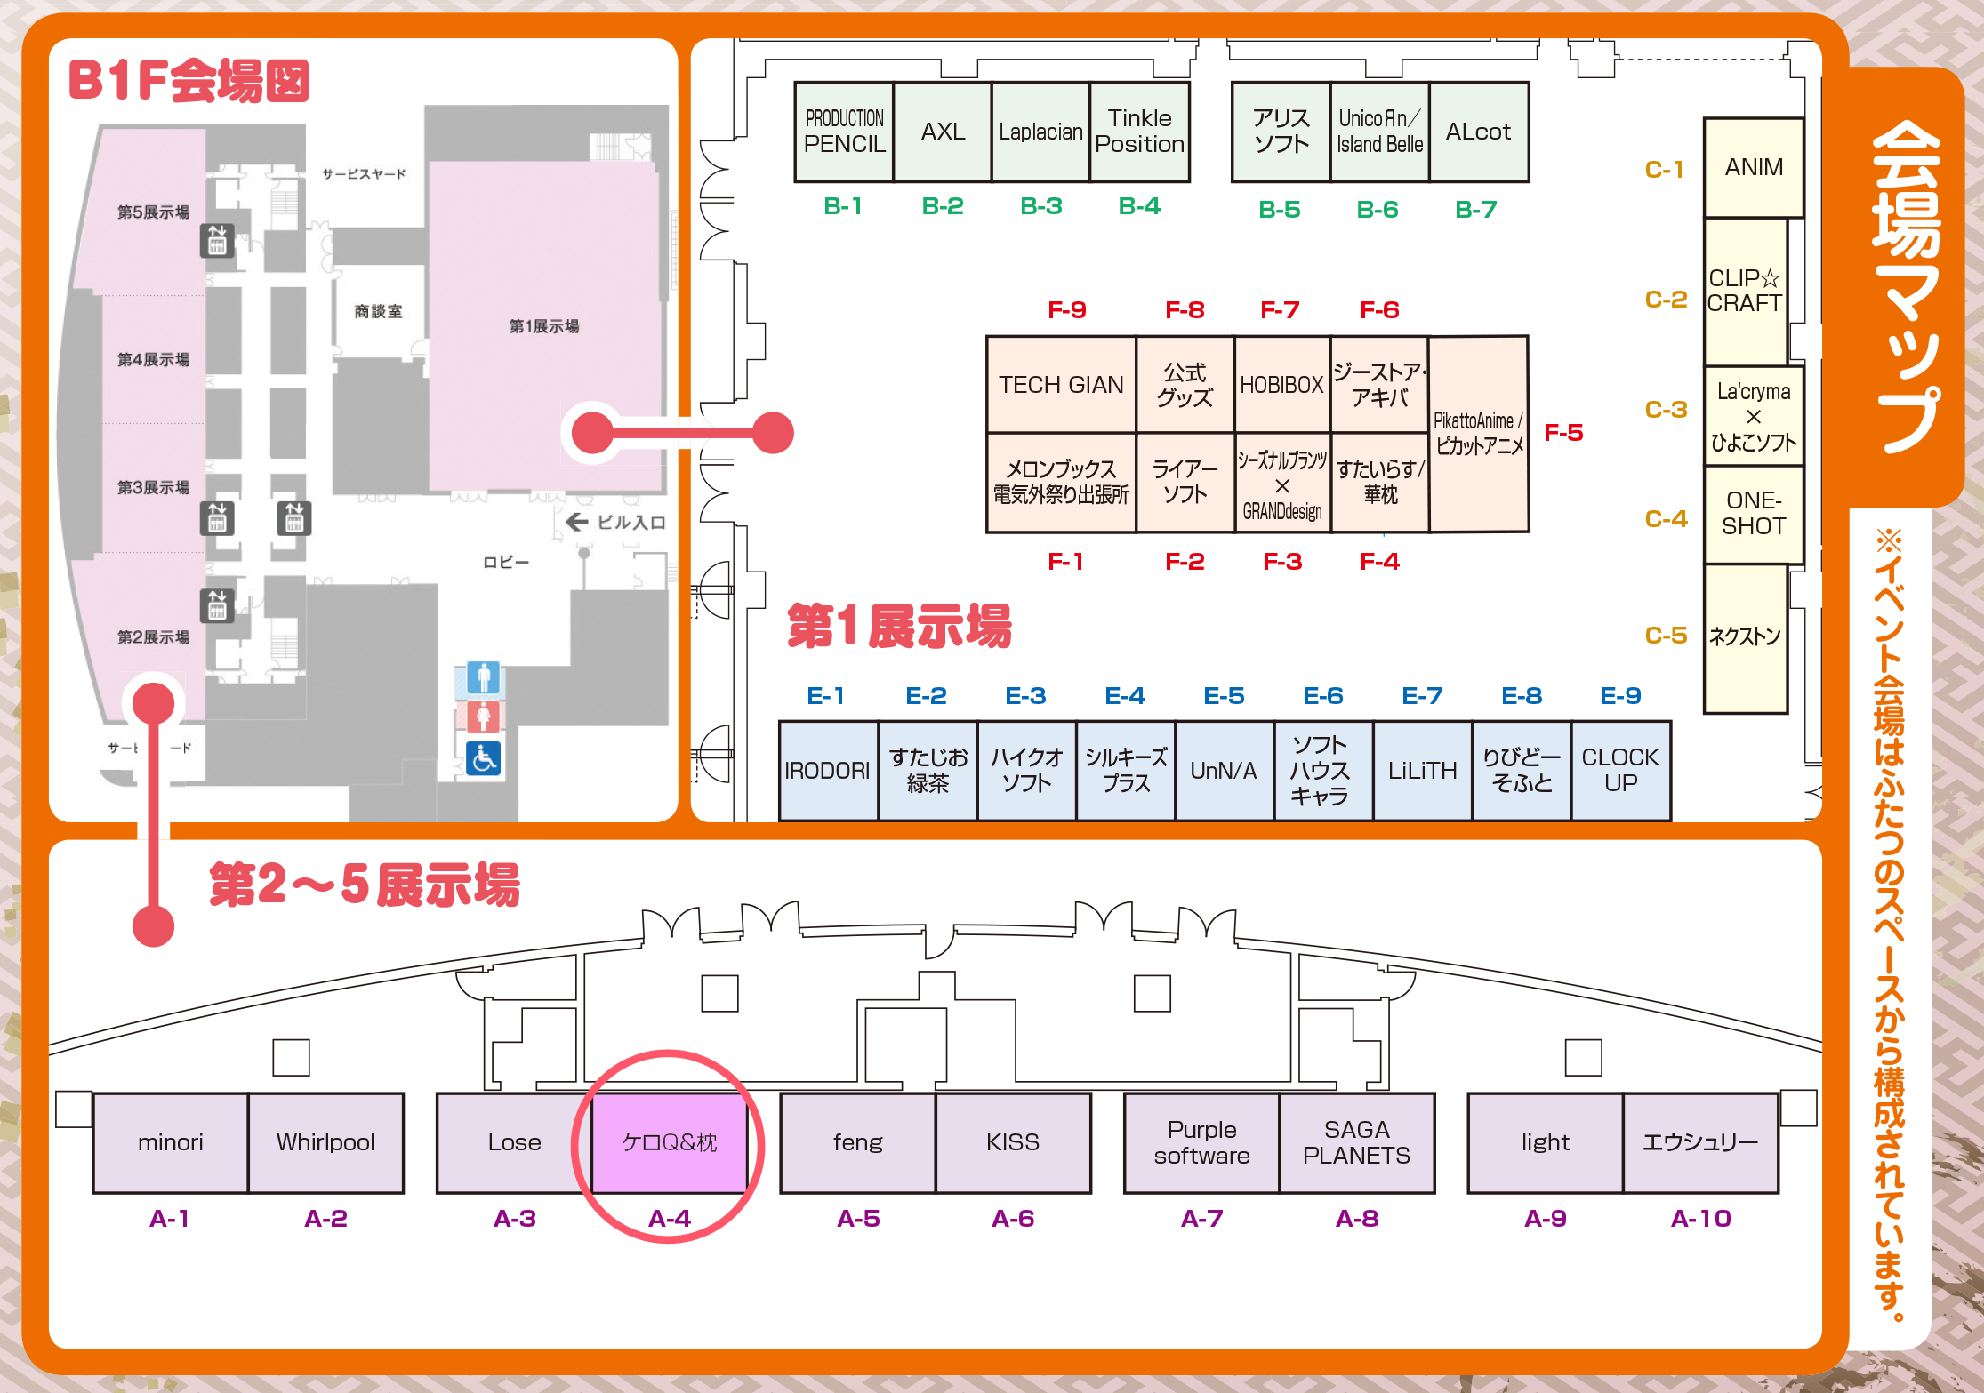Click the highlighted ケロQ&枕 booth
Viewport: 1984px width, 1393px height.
(669, 1142)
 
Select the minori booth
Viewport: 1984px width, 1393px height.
(170, 1142)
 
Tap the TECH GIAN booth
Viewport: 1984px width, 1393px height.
(1061, 385)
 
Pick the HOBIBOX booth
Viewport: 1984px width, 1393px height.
(1281, 385)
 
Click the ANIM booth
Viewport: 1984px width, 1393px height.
(1754, 167)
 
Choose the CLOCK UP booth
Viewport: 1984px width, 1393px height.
(1620, 770)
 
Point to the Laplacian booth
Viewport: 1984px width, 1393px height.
(1040, 132)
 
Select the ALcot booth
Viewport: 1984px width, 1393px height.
(1478, 132)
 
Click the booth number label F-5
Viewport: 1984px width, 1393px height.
(1563, 433)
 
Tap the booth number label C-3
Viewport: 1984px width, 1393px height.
(1666, 410)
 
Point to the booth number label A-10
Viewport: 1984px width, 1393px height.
(1700, 1218)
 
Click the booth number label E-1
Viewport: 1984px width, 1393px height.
(825, 696)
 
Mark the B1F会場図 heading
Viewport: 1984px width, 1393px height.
(189, 81)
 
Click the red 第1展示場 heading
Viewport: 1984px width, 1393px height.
(899, 626)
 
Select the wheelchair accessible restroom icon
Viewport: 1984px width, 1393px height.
(483, 758)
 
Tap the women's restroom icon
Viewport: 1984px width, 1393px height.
(483, 716)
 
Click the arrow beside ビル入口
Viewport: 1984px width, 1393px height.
(577, 522)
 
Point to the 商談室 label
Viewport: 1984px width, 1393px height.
(378, 311)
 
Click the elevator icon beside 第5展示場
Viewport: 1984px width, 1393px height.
(217, 240)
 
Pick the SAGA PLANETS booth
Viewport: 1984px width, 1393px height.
(1356, 1142)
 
